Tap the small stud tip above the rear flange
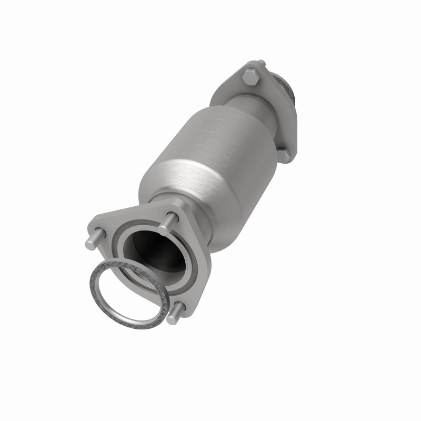[261, 64]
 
